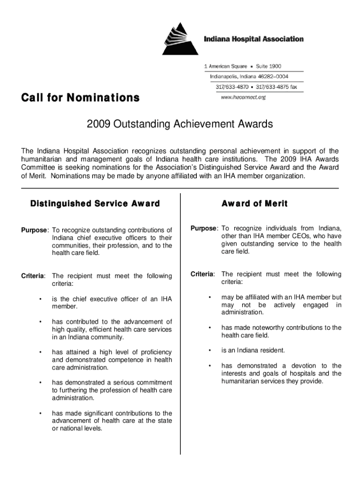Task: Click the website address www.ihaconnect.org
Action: click(243, 97)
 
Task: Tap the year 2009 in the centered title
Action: click(97, 124)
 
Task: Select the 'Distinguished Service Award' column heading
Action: click(95, 204)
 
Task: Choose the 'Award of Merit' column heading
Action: click(254, 204)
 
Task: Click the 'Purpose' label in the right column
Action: click(204, 228)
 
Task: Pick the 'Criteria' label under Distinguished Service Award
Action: click(33, 276)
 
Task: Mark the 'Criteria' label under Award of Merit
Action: click(202, 274)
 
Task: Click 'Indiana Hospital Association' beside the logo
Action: click(253, 39)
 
